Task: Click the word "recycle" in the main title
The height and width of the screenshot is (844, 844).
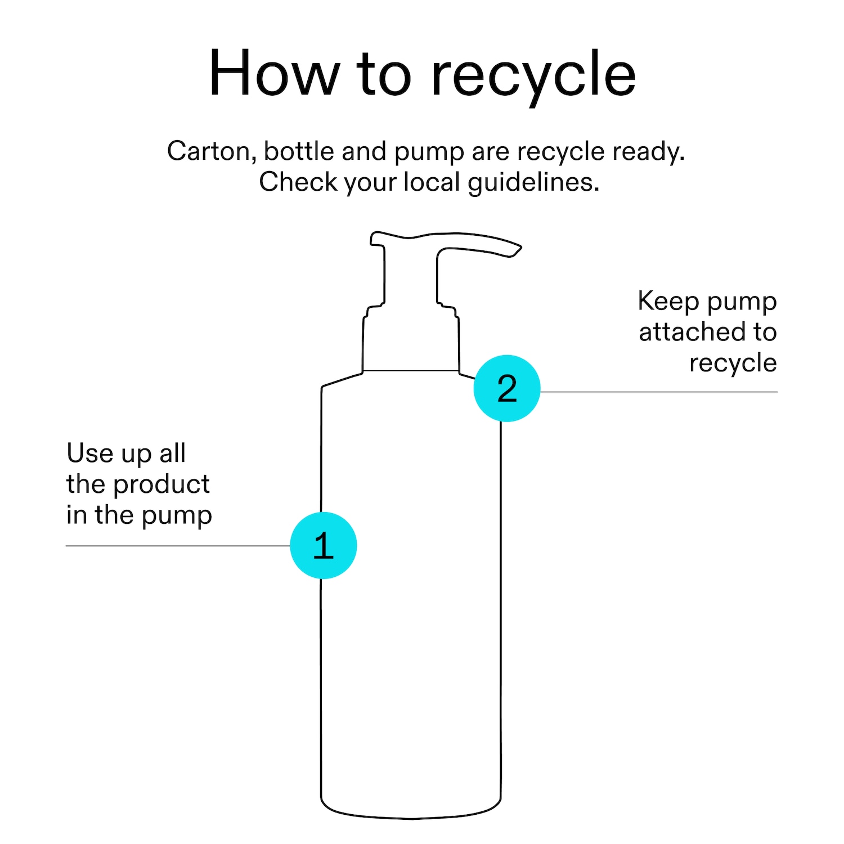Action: click(533, 77)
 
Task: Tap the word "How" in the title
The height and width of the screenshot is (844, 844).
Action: click(274, 73)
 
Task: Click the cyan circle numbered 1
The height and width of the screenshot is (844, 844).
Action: click(324, 545)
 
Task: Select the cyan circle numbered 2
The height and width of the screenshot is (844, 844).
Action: click(507, 388)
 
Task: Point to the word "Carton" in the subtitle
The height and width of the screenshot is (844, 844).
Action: click(212, 152)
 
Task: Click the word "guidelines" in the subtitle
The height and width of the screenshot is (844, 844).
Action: click(533, 183)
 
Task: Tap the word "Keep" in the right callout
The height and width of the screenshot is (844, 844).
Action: click(668, 302)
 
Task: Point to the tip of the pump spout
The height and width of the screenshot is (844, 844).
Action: click(520, 246)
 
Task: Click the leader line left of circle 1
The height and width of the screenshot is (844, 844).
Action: click(178, 546)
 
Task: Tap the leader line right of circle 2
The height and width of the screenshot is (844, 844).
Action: click(659, 392)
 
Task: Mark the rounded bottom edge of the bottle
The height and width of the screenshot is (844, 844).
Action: click(411, 818)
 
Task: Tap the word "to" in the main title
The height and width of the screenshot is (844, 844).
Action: click(384, 75)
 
